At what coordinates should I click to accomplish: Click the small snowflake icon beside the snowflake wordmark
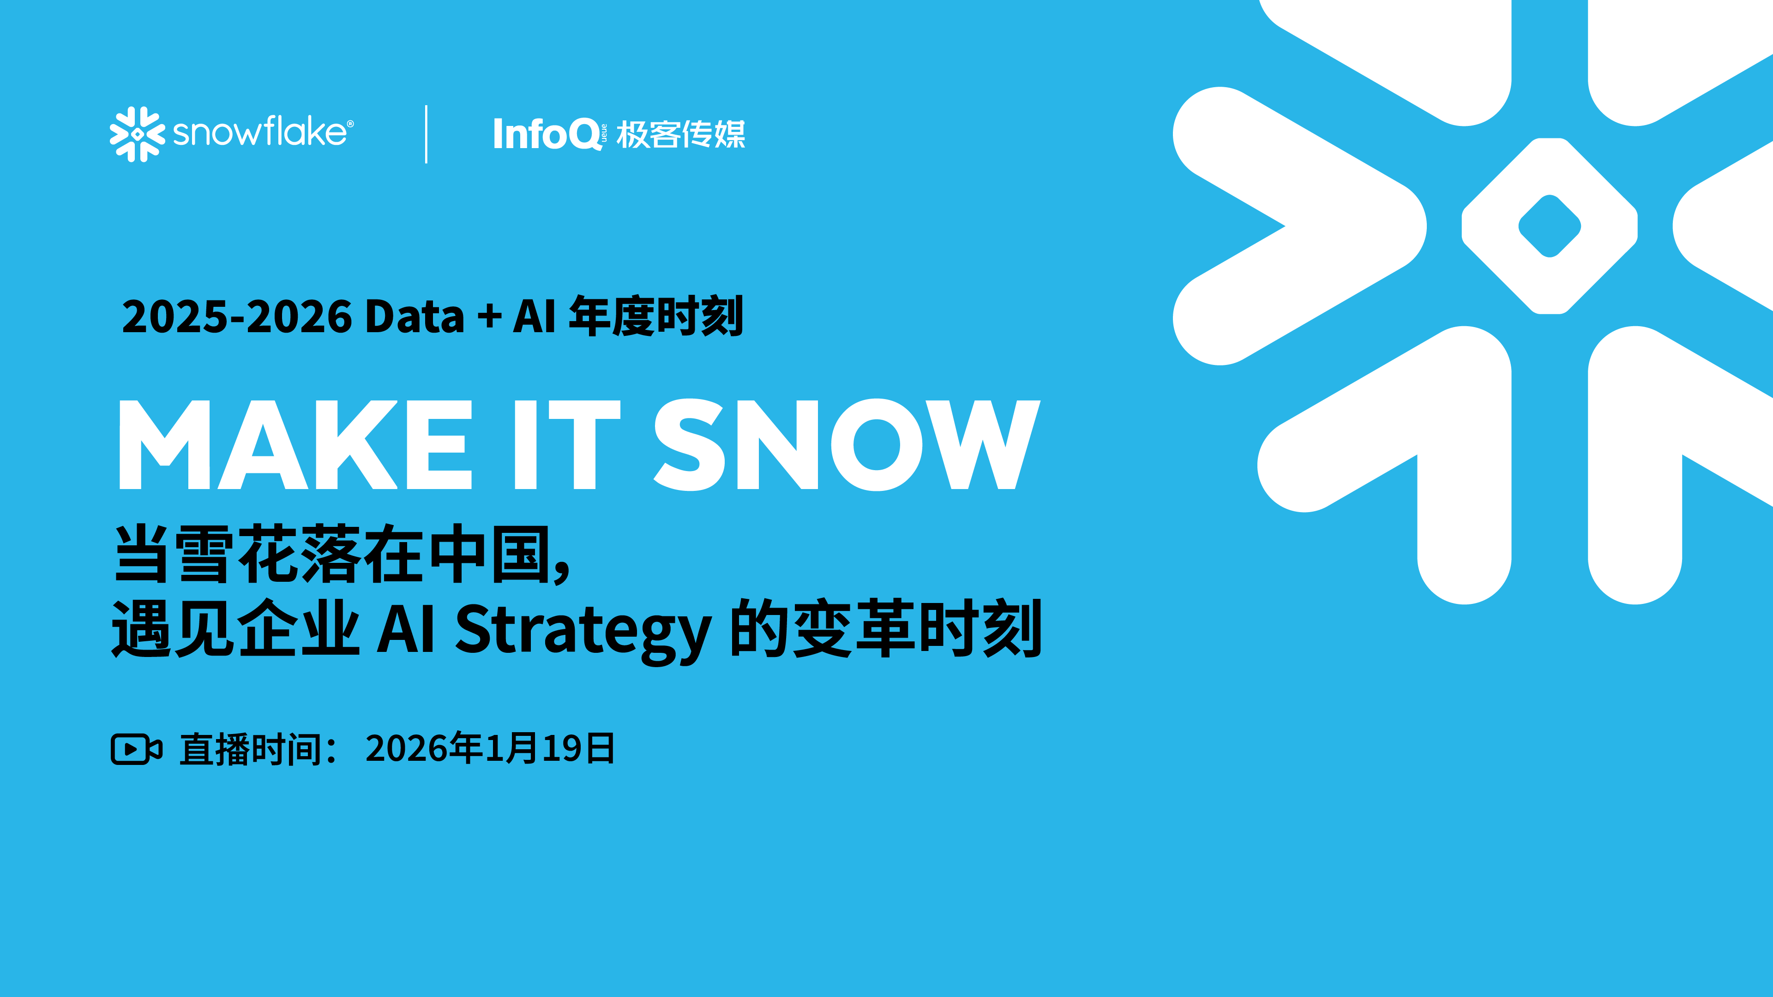(x=138, y=134)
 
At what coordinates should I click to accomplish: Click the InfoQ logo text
(x=547, y=133)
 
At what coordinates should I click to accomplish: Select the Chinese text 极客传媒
(x=680, y=134)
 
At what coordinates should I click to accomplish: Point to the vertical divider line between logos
(x=427, y=134)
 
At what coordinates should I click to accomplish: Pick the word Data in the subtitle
(x=415, y=317)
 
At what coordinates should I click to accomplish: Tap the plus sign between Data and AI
(x=489, y=317)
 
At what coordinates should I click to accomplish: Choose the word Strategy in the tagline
(x=582, y=629)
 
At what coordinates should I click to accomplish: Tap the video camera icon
(x=136, y=749)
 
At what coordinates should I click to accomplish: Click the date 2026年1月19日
(x=490, y=749)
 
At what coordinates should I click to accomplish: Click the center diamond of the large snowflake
(x=1549, y=226)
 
